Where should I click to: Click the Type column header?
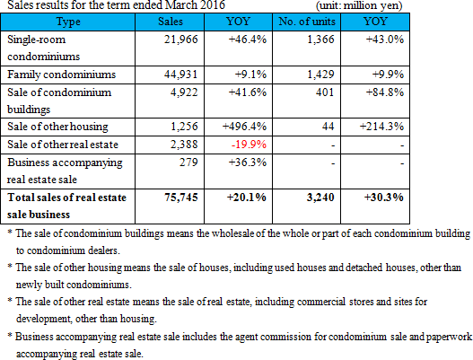click(68, 22)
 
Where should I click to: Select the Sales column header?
click(171, 22)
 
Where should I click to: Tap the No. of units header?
click(307, 22)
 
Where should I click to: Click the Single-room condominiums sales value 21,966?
click(181, 40)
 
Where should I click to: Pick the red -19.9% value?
click(249, 145)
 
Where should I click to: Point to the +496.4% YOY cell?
click(244, 127)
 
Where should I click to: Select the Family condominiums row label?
click(62, 75)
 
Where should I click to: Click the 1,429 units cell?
click(320, 75)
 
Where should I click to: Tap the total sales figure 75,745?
click(181, 198)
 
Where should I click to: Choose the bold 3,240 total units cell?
click(320, 198)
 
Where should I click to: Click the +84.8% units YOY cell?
click(385, 92)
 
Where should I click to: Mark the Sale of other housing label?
click(57, 127)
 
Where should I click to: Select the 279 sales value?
click(188, 162)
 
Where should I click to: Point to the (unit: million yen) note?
click(359, 5)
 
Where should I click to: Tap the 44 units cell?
click(328, 127)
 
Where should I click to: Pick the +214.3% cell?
click(381, 127)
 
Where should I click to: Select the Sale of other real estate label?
click(63, 145)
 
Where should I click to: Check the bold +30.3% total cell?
click(384, 198)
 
